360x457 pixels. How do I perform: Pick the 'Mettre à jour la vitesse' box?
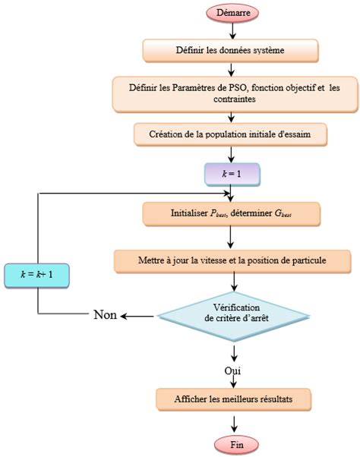pyautogui.click(x=232, y=261)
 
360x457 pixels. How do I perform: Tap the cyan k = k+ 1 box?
pyautogui.click(x=37, y=270)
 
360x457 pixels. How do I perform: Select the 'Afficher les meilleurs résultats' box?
pyautogui.click(x=234, y=398)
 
